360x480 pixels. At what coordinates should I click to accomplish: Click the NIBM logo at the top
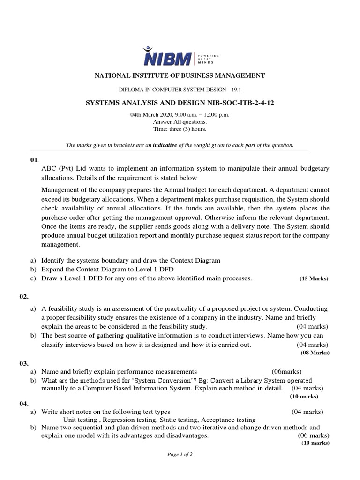coord(180,58)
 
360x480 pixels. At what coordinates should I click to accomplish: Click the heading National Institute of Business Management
coord(180,75)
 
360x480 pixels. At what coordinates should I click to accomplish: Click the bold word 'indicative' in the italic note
coord(165,145)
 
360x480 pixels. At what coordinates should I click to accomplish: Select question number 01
coord(34,160)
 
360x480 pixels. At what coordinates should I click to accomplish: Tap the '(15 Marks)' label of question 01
coord(314,278)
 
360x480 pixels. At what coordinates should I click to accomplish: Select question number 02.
coord(36,297)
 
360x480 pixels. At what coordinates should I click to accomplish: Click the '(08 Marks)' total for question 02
coord(315,352)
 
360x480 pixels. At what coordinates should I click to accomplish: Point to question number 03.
coord(36,363)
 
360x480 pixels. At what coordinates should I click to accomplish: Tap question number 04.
coord(36,403)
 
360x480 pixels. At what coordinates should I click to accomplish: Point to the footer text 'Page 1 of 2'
coord(180,455)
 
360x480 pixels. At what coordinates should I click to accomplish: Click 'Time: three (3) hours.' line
coord(180,129)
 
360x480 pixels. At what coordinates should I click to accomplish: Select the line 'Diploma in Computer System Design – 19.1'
coord(180,90)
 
